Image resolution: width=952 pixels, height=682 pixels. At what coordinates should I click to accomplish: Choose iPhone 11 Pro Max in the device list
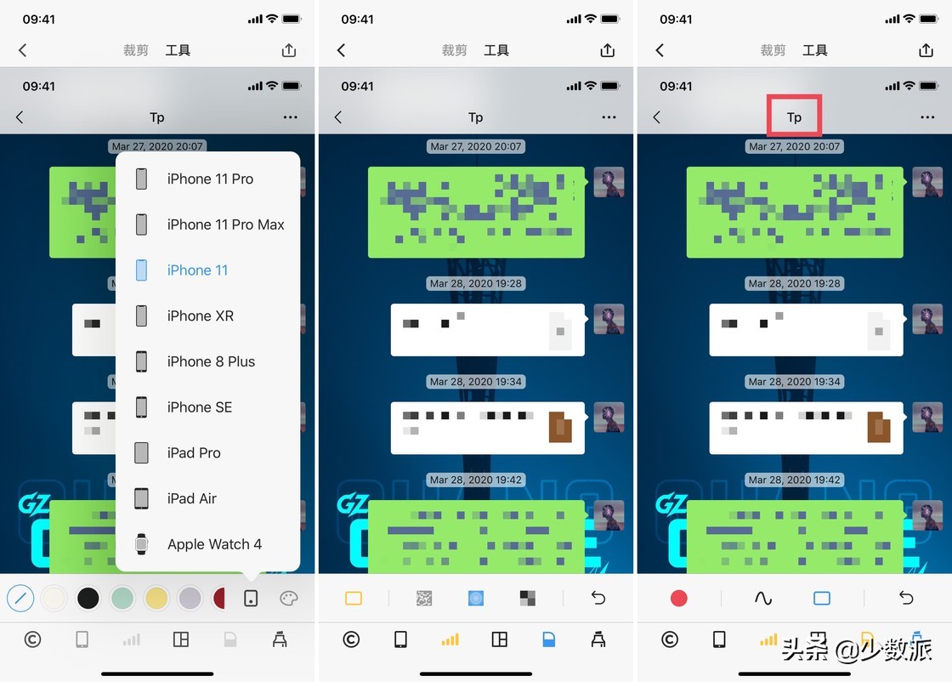225,224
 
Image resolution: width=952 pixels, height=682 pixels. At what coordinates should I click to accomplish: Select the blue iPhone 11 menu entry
197,270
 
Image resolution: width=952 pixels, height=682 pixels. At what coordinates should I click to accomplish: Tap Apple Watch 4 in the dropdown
214,544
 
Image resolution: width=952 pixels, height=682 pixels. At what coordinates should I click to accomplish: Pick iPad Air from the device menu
191,498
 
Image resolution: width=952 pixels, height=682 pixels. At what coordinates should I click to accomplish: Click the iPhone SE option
199,407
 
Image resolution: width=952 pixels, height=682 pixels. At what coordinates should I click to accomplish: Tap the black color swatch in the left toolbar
88,599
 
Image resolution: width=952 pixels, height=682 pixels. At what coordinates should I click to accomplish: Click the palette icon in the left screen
289,599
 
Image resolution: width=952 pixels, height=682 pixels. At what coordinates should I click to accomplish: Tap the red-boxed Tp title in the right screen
794,117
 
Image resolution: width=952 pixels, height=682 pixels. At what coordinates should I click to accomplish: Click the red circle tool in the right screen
678,599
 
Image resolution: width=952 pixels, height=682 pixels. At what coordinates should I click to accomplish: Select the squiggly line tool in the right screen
762,599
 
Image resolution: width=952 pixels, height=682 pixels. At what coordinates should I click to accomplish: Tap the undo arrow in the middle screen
598,599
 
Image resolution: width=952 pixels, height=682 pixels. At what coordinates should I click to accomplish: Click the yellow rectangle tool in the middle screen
354,599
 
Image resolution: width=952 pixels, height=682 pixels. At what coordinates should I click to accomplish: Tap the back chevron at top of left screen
23,51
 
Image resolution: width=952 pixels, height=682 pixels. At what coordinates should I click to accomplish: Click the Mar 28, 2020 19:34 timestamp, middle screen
475,382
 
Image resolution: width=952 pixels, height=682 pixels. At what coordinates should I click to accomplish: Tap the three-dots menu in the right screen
926,117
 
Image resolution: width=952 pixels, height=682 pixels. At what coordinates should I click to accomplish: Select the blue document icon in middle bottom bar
548,639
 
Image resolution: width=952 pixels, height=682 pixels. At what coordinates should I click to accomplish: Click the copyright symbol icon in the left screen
32,639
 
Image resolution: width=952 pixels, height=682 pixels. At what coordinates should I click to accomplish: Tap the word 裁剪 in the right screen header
773,51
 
